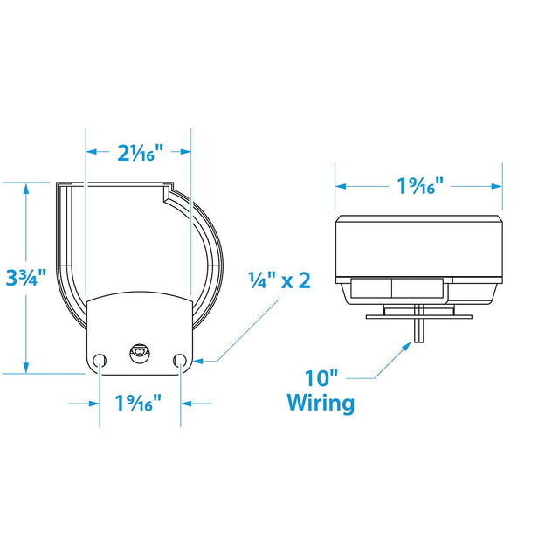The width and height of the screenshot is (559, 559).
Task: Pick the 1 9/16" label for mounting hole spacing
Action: coord(139,404)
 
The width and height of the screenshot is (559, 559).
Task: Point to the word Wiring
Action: coord(321,404)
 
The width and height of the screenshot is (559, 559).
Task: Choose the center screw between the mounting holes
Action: coord(138,352)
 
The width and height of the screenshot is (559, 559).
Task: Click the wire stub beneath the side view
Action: coord(420,330)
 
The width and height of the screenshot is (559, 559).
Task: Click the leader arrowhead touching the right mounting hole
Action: coord(197,359)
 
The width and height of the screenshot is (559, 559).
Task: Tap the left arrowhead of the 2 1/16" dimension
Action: coord(91,152)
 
